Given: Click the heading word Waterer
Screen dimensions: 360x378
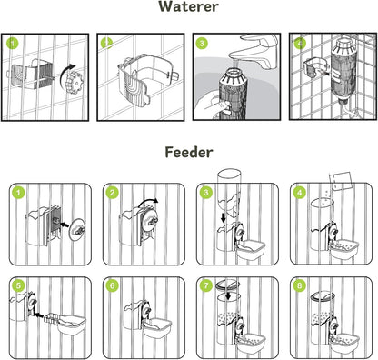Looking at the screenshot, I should (x=189, y=8).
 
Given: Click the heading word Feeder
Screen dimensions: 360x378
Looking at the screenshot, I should (x=188, y=154).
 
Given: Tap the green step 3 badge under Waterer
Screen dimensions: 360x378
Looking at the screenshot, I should (x=203, y=43).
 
